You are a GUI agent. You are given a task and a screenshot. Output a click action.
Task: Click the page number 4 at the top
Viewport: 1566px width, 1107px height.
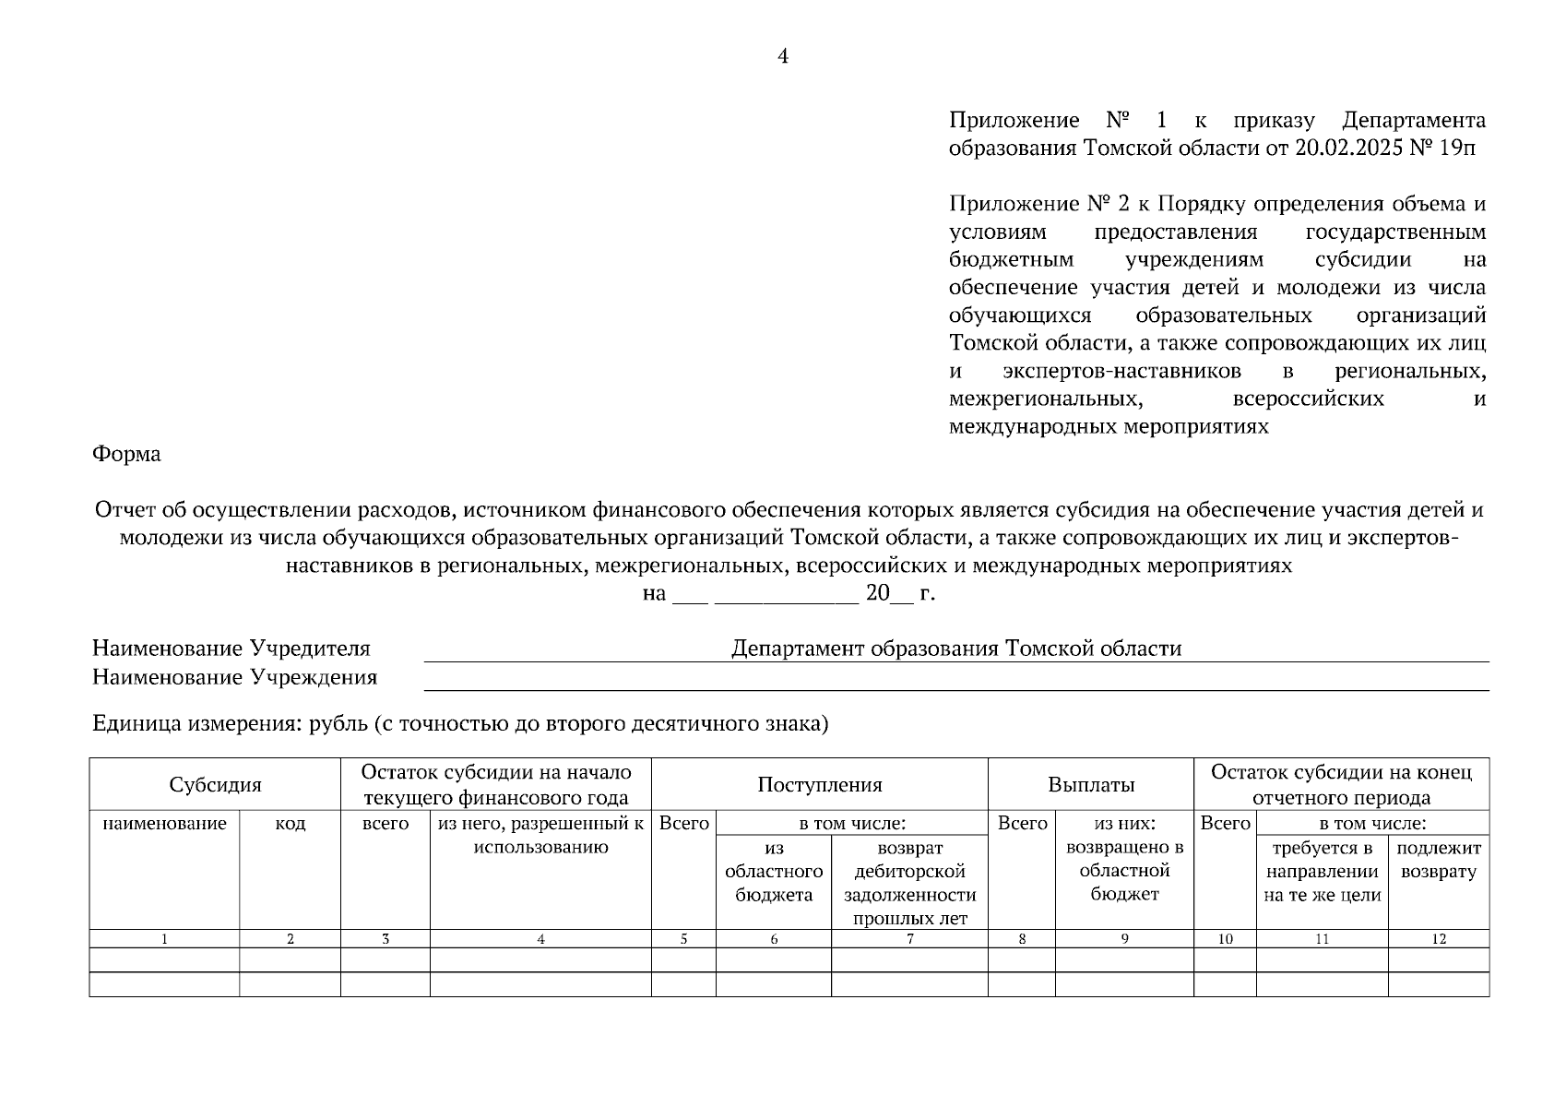tap(783, 57)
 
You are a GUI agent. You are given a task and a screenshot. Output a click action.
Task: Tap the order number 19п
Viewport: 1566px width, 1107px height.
tap(1455, 149)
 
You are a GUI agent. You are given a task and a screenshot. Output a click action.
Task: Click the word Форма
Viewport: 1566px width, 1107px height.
tap(126, 454)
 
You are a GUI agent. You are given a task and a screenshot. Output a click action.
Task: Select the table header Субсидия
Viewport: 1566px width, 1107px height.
tap(215, 785)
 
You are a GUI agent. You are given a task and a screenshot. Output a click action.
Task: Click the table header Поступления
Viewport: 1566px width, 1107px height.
tap(819, 785)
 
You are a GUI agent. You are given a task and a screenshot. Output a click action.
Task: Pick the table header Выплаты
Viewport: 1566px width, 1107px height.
tap(1090, 785)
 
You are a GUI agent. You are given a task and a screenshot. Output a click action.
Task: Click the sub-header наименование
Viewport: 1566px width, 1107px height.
tap(164, 824)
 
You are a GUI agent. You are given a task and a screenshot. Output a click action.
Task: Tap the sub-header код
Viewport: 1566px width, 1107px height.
tap(290, 824)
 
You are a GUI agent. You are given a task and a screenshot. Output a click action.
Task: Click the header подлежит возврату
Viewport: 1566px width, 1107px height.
tap(1438, 860)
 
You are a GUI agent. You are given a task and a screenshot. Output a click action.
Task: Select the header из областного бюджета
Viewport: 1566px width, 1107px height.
tap(773, 871)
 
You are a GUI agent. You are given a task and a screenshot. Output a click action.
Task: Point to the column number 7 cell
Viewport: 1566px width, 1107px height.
tap(909, 939)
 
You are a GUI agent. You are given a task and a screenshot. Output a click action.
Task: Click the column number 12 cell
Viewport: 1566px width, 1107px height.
tap(1438, 939)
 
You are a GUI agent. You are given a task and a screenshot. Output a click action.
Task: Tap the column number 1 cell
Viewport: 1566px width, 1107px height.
tap(164, 939)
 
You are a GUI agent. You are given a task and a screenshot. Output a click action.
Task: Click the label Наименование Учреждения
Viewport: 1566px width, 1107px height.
tap(234, 678)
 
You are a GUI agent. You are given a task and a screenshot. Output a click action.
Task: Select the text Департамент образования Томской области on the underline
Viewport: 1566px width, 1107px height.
tap(955, 649)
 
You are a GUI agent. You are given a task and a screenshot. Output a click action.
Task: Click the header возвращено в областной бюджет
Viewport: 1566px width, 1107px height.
tap(1123, 871)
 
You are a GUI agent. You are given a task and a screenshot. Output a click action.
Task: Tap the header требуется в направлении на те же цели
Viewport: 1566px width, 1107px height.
tap(1322, 871)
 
